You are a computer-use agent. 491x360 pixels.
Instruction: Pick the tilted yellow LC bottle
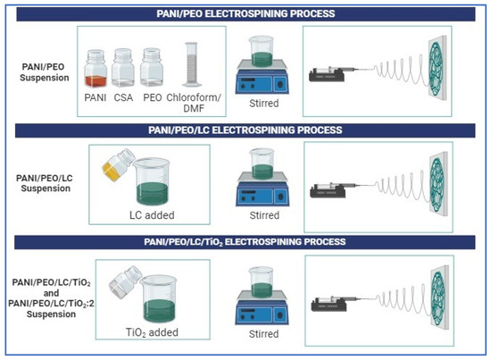[117, 166]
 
